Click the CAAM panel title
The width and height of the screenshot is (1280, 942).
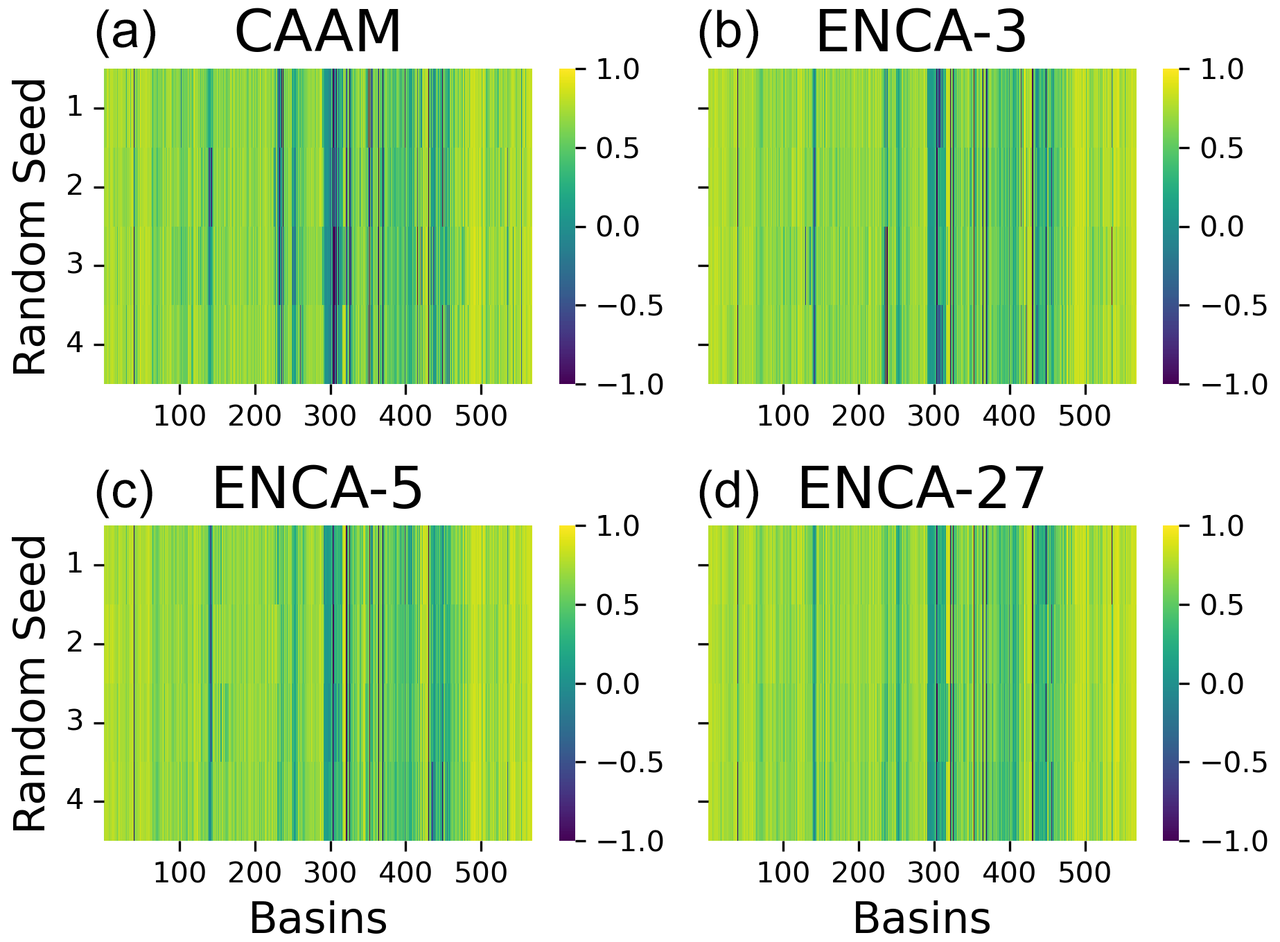[318, 33]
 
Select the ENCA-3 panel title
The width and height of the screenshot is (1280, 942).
[921, 33]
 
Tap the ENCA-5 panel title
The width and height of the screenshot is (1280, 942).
[317, 489]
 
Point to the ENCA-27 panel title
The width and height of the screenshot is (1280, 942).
[921, 489]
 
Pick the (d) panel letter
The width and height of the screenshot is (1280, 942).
[728, 489]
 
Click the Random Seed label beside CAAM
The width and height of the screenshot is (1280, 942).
[31, 227]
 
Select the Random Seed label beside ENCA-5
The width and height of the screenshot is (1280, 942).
[31, 683]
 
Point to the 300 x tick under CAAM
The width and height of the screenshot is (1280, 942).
[331, 416]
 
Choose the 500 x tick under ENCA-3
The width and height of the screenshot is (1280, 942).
[1085, 416]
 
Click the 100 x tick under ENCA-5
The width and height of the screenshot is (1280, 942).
[179, 872]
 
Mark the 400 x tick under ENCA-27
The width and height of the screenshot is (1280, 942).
[1010, 872]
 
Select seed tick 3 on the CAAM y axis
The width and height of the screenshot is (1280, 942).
[78, 266]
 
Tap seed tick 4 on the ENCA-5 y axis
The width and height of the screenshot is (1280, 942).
[78, 802]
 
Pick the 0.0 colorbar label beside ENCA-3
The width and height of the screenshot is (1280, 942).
[1222, 227]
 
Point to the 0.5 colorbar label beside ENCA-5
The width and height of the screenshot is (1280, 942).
[618, 605]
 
